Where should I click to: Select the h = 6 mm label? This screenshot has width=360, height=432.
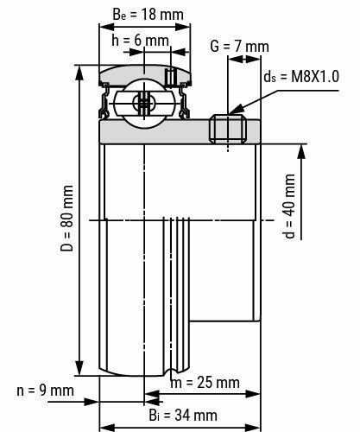click(139, 41)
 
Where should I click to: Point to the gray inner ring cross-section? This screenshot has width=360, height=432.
click(155, 131)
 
